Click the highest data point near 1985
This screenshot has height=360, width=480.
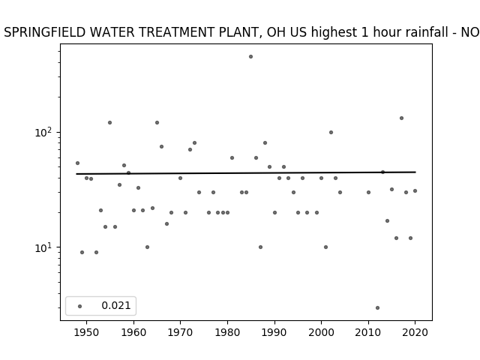pyautogui.click(x=250, y=57)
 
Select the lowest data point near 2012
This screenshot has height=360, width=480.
pyautogui.click(x=377, y=308)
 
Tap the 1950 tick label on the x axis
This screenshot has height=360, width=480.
pyautogui.click(x=87, y=332)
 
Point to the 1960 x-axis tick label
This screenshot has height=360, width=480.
pyautogui.click(x=133, y=332)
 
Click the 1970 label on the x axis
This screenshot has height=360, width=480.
pyautogui.click(x=180, y=332)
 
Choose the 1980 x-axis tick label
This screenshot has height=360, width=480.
pyautogui.click(x=227, y=332)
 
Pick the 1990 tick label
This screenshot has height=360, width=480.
pyautogui.click(x=274, y=332)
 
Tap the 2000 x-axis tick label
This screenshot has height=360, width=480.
pyautogui.click(x=321, y=332)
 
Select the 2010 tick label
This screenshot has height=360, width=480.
pyautogui.click(x=368, y=332)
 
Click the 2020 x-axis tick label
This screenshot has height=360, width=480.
pyautogui.click(x=415, y=332)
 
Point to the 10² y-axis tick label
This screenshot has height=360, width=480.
pyautogui.click(x=45, y=132)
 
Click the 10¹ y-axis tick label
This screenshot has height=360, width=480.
pyautogui.click(x=45, y=247)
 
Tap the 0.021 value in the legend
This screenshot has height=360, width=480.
pyautogui.click(x=116, y=305)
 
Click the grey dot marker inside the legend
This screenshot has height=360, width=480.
pyautogui.click(x=80, y=306)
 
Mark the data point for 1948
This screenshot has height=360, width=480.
pyautogui.click(x=77, y=163)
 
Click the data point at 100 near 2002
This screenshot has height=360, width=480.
pyautogui.click(x=331, y=133)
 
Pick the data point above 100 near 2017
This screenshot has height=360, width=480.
pyautogui.click(x=401, y=118)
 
